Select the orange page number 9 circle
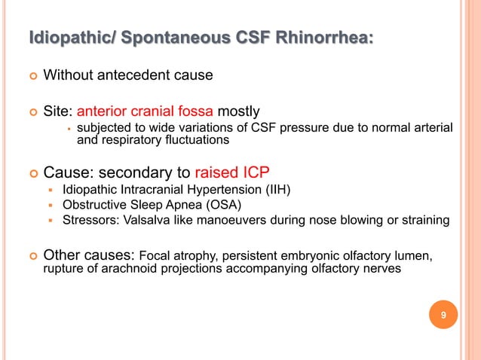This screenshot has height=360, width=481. tap(443, 316)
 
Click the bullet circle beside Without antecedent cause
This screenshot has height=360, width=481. tap(31, 76)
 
